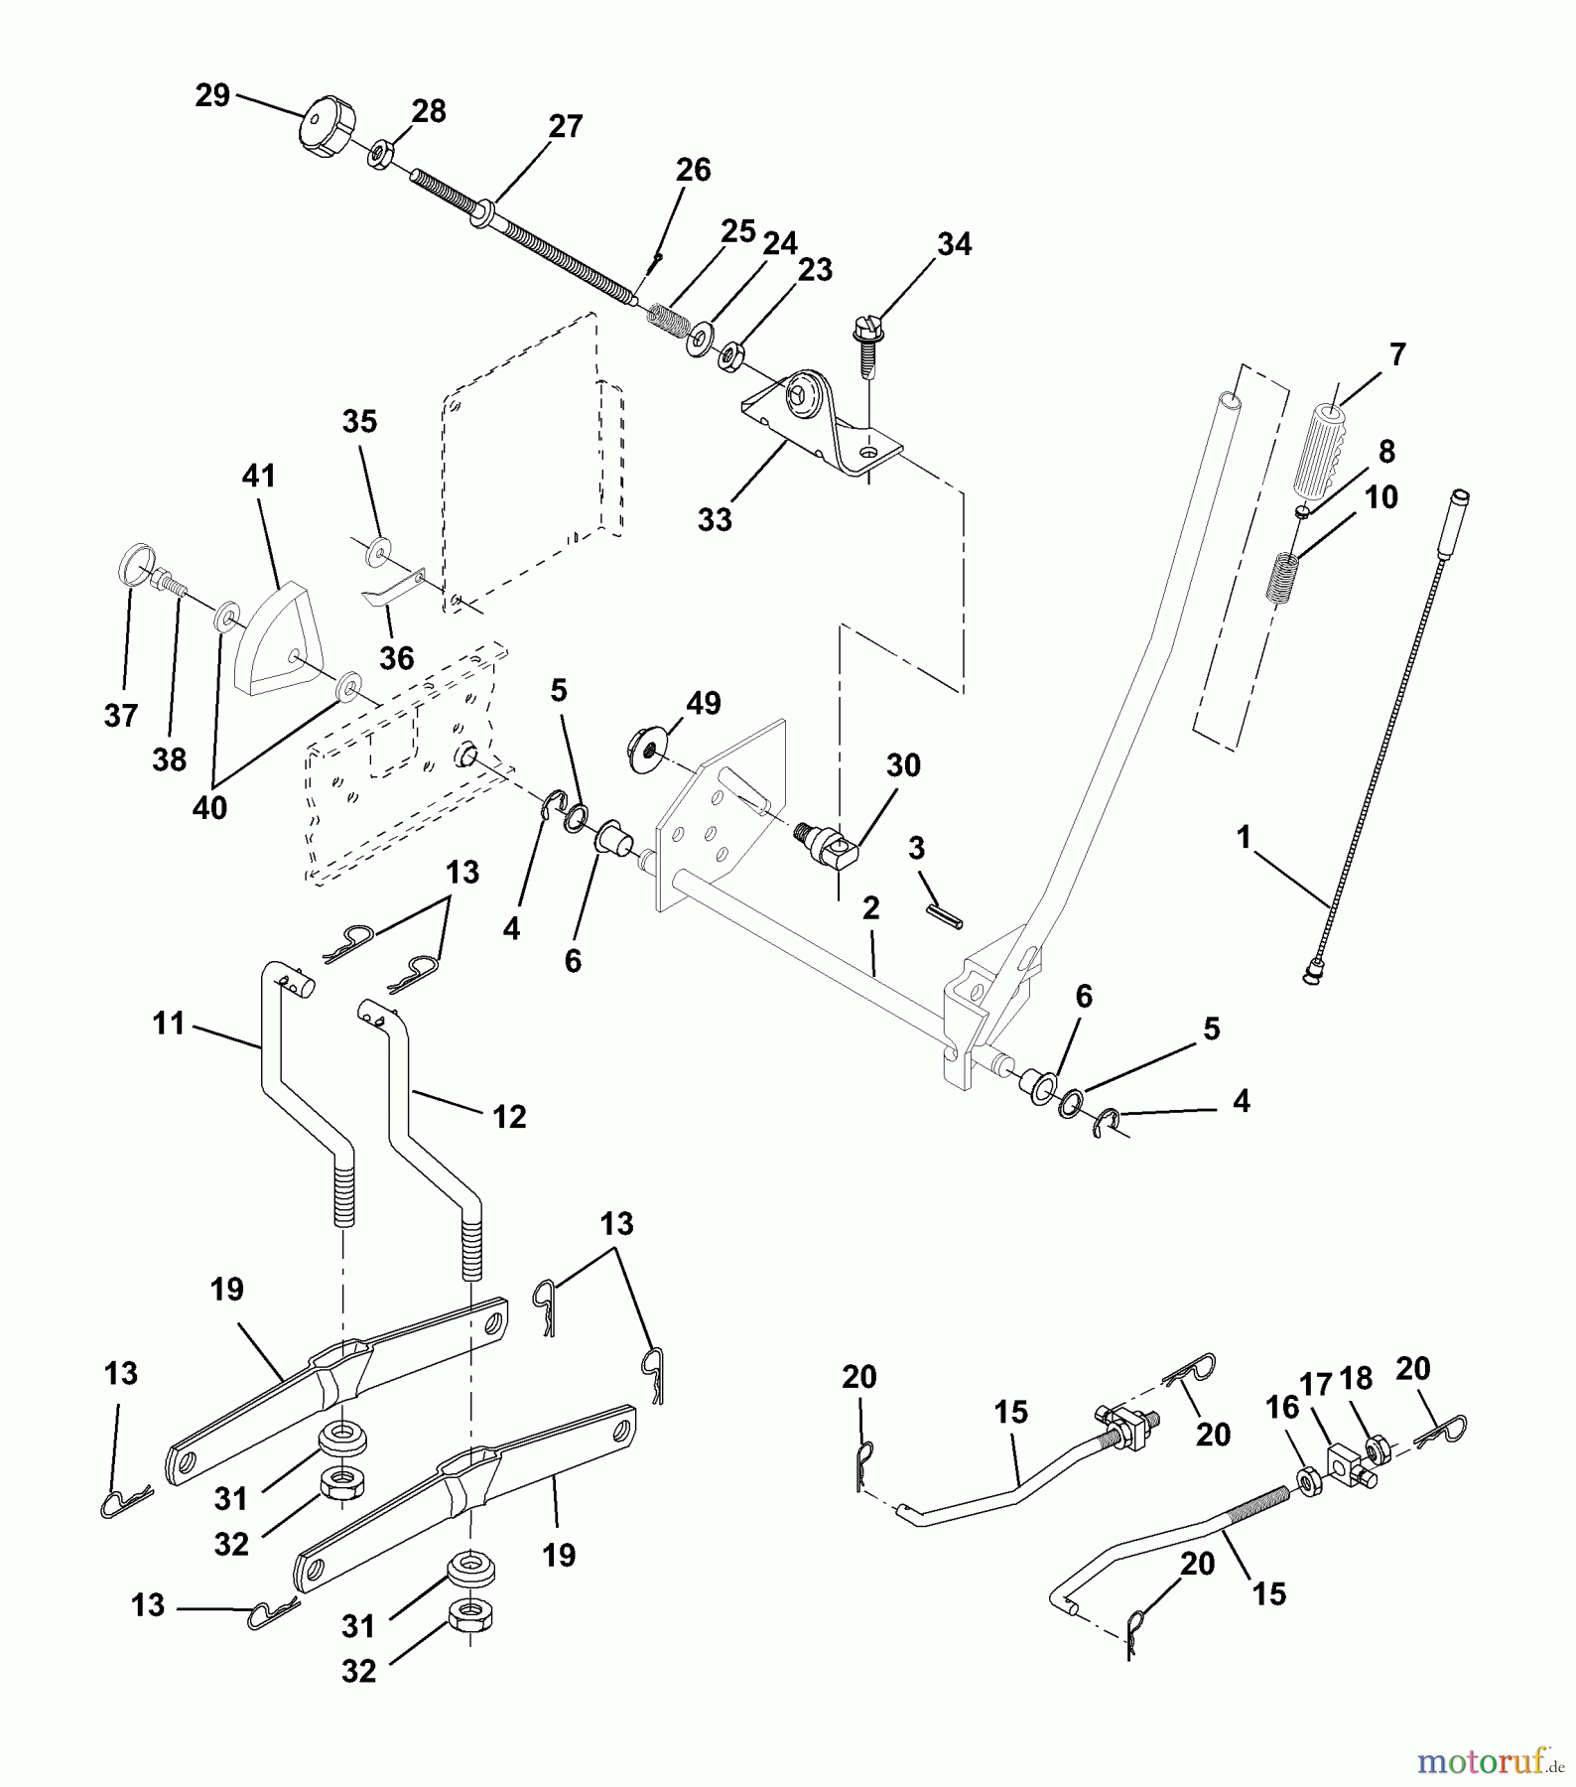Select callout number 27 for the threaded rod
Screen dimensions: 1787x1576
point(565,127)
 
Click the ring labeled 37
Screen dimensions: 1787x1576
point(135,565)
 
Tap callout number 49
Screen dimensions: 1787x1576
point(704,704)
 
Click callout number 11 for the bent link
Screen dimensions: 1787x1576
point(169,1023)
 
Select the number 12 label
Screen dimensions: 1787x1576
point(509,1117)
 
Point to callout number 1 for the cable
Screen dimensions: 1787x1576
point(1244,838)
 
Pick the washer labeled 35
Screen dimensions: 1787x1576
point(378,551)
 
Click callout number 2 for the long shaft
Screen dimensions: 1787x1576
point(870,908)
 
